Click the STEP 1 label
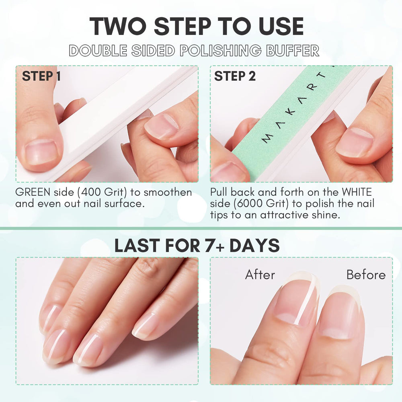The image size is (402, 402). point(41,76)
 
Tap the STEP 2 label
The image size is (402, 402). point(235,76)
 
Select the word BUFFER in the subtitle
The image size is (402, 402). point(293,50)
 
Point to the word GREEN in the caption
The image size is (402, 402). point(33,192)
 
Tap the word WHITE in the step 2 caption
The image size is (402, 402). point(357,192)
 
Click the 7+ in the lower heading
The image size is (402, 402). point(215,245)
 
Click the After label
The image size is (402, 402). point(260,275)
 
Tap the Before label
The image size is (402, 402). point(366,275)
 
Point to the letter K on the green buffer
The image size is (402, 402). point(291,112)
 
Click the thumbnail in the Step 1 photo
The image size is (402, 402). point(41,152)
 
